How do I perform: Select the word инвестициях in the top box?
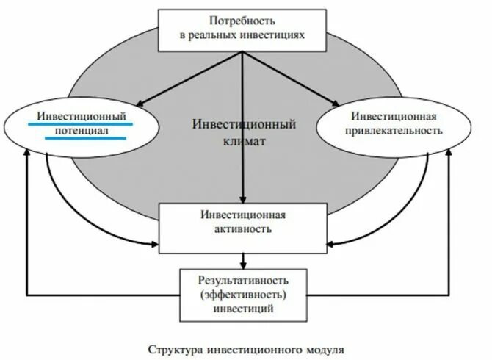point(273,35)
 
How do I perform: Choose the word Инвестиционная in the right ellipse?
point(394,116)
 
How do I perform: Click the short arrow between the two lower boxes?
point(242,259)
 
